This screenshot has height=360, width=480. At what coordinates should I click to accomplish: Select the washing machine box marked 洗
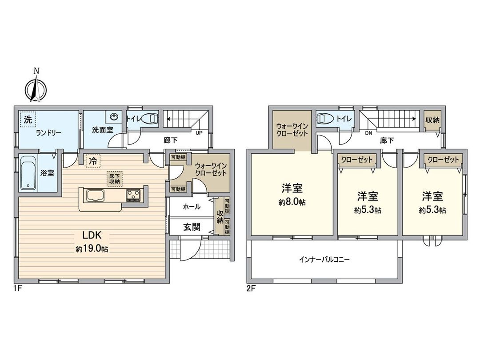[x=28, y=119]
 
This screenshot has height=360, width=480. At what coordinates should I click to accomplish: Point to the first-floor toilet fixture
[x=152, y=119]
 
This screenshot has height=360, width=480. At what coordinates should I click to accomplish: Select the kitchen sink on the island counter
[x=95, y=195]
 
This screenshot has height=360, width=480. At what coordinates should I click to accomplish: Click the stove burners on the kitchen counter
[x=133, y=194]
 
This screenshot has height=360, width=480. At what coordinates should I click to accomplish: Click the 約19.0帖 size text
[x=92, y=249]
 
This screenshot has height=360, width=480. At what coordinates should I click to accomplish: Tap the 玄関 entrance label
[x=192, y=227]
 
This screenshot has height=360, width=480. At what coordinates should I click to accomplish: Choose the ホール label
[x=192, y=207]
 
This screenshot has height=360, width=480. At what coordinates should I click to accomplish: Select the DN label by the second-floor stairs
[x=368, y=132]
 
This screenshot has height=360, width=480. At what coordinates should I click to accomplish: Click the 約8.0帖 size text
[x=292, y=202]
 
